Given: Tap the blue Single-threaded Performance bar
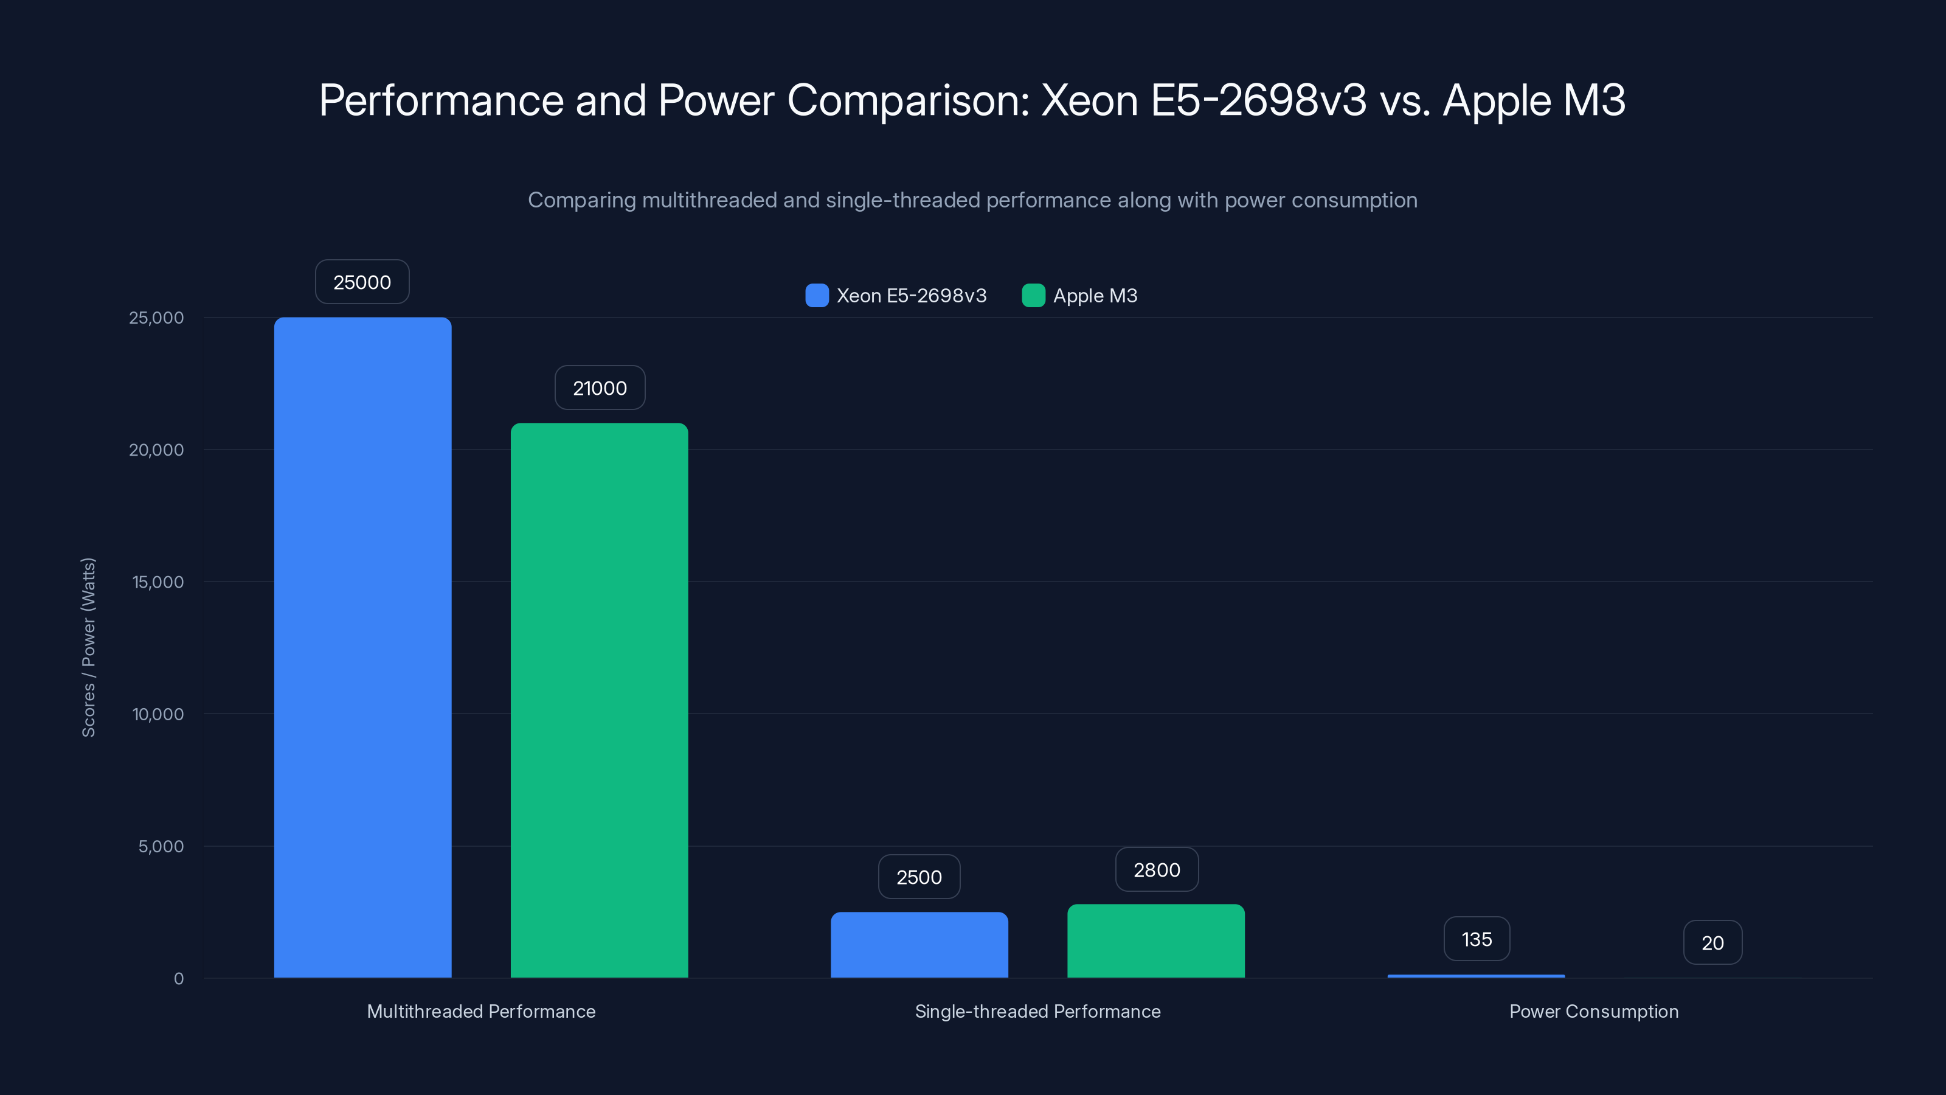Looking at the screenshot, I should point(919,945).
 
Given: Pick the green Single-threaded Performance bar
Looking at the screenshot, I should point(1156,941).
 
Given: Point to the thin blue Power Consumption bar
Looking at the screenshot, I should point(1476,976).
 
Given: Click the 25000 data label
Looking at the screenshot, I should point(362,282).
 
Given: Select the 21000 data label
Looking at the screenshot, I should point(600,388).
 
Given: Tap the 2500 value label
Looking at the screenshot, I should point(919,877).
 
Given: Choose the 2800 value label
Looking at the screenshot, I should point(1157,870).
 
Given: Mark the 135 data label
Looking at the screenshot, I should point(1476,939).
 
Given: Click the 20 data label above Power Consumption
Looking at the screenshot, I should point(1712,942).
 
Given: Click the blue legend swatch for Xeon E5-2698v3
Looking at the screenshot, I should point(817,296).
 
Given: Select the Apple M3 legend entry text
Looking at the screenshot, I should point(1095,296).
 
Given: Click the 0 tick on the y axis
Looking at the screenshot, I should point(178,979).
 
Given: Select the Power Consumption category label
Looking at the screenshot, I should point(1593,1011).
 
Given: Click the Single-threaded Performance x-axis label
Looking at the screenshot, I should point(1037,1011).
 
